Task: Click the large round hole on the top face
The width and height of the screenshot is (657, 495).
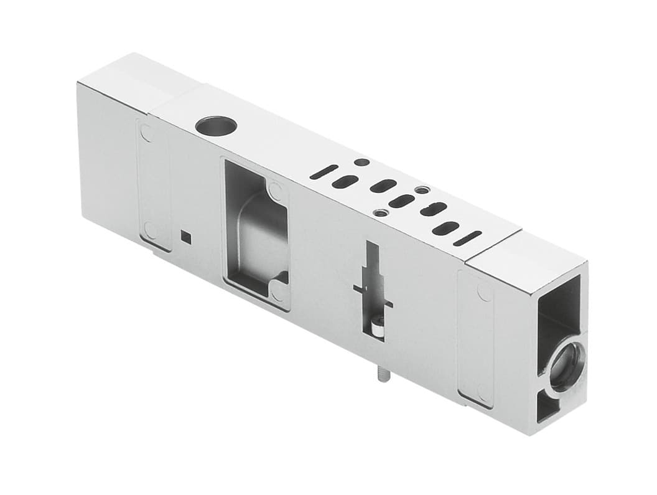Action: click(x=215, y=126)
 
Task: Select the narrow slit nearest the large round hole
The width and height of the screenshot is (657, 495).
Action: click(x=324, y=172)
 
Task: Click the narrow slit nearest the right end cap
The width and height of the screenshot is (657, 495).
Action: click(x=467, y=238)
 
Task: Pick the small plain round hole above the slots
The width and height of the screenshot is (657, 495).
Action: click(x=361, y=163)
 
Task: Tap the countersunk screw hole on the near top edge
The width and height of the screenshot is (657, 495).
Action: click(x=380, y=213)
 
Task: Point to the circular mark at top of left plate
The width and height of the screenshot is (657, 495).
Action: click(x=146, y=133)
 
